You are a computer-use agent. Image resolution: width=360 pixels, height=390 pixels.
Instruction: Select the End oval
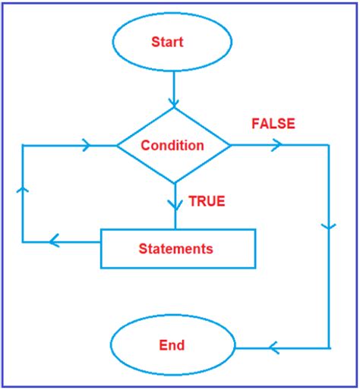coord(172,347)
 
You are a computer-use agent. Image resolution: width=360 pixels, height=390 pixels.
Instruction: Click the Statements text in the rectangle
coord(175,248)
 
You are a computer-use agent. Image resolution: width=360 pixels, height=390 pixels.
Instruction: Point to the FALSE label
coord(273,124)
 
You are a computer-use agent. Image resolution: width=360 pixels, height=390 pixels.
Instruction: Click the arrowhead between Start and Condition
coord(174,101)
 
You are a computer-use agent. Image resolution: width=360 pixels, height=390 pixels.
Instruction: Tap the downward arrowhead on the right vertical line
coord(330,227)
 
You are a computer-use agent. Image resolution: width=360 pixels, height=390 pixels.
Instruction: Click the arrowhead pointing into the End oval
coord(274,348)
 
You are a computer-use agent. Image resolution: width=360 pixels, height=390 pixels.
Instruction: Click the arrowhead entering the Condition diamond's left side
coord(86,144)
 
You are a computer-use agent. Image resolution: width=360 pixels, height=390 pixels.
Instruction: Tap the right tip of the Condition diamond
coord(231,144)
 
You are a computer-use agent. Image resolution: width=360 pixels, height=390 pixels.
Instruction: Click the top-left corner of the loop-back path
coord(23,144)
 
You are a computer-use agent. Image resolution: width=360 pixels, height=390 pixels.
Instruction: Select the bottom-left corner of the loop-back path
coord(23,242)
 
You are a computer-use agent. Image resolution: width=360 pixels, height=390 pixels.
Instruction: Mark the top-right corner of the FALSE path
coord(330,144)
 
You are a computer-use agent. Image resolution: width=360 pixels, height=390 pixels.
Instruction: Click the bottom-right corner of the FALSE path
coord(330,348)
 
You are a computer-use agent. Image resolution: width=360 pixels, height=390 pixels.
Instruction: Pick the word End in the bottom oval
coord(172,346)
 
